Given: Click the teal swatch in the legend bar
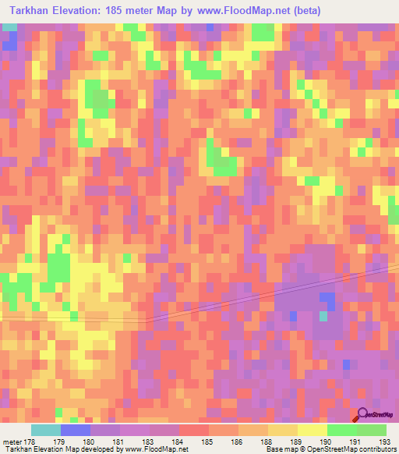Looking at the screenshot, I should [x=46, y=430].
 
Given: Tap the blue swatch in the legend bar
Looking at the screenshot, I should [x=76, y=430].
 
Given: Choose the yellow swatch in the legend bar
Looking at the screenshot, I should [x=312, y=430].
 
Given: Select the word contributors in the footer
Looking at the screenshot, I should [x=373, y=449].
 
